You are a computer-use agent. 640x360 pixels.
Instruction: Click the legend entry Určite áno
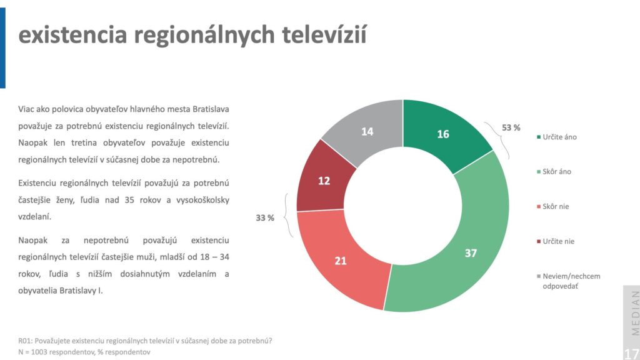557,137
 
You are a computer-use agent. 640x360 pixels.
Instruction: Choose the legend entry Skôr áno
554,172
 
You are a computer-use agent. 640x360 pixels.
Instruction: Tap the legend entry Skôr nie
552,206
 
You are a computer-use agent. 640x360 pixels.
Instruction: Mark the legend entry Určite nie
556,241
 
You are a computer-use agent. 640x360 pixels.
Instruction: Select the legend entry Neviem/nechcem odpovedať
569,281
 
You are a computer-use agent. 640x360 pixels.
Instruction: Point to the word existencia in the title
72,34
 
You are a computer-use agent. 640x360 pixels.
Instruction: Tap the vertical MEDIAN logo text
635,312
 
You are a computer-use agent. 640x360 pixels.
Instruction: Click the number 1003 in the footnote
39,352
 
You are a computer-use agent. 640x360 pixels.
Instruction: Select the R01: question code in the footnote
25,341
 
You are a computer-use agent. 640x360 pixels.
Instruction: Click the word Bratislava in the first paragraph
211,109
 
